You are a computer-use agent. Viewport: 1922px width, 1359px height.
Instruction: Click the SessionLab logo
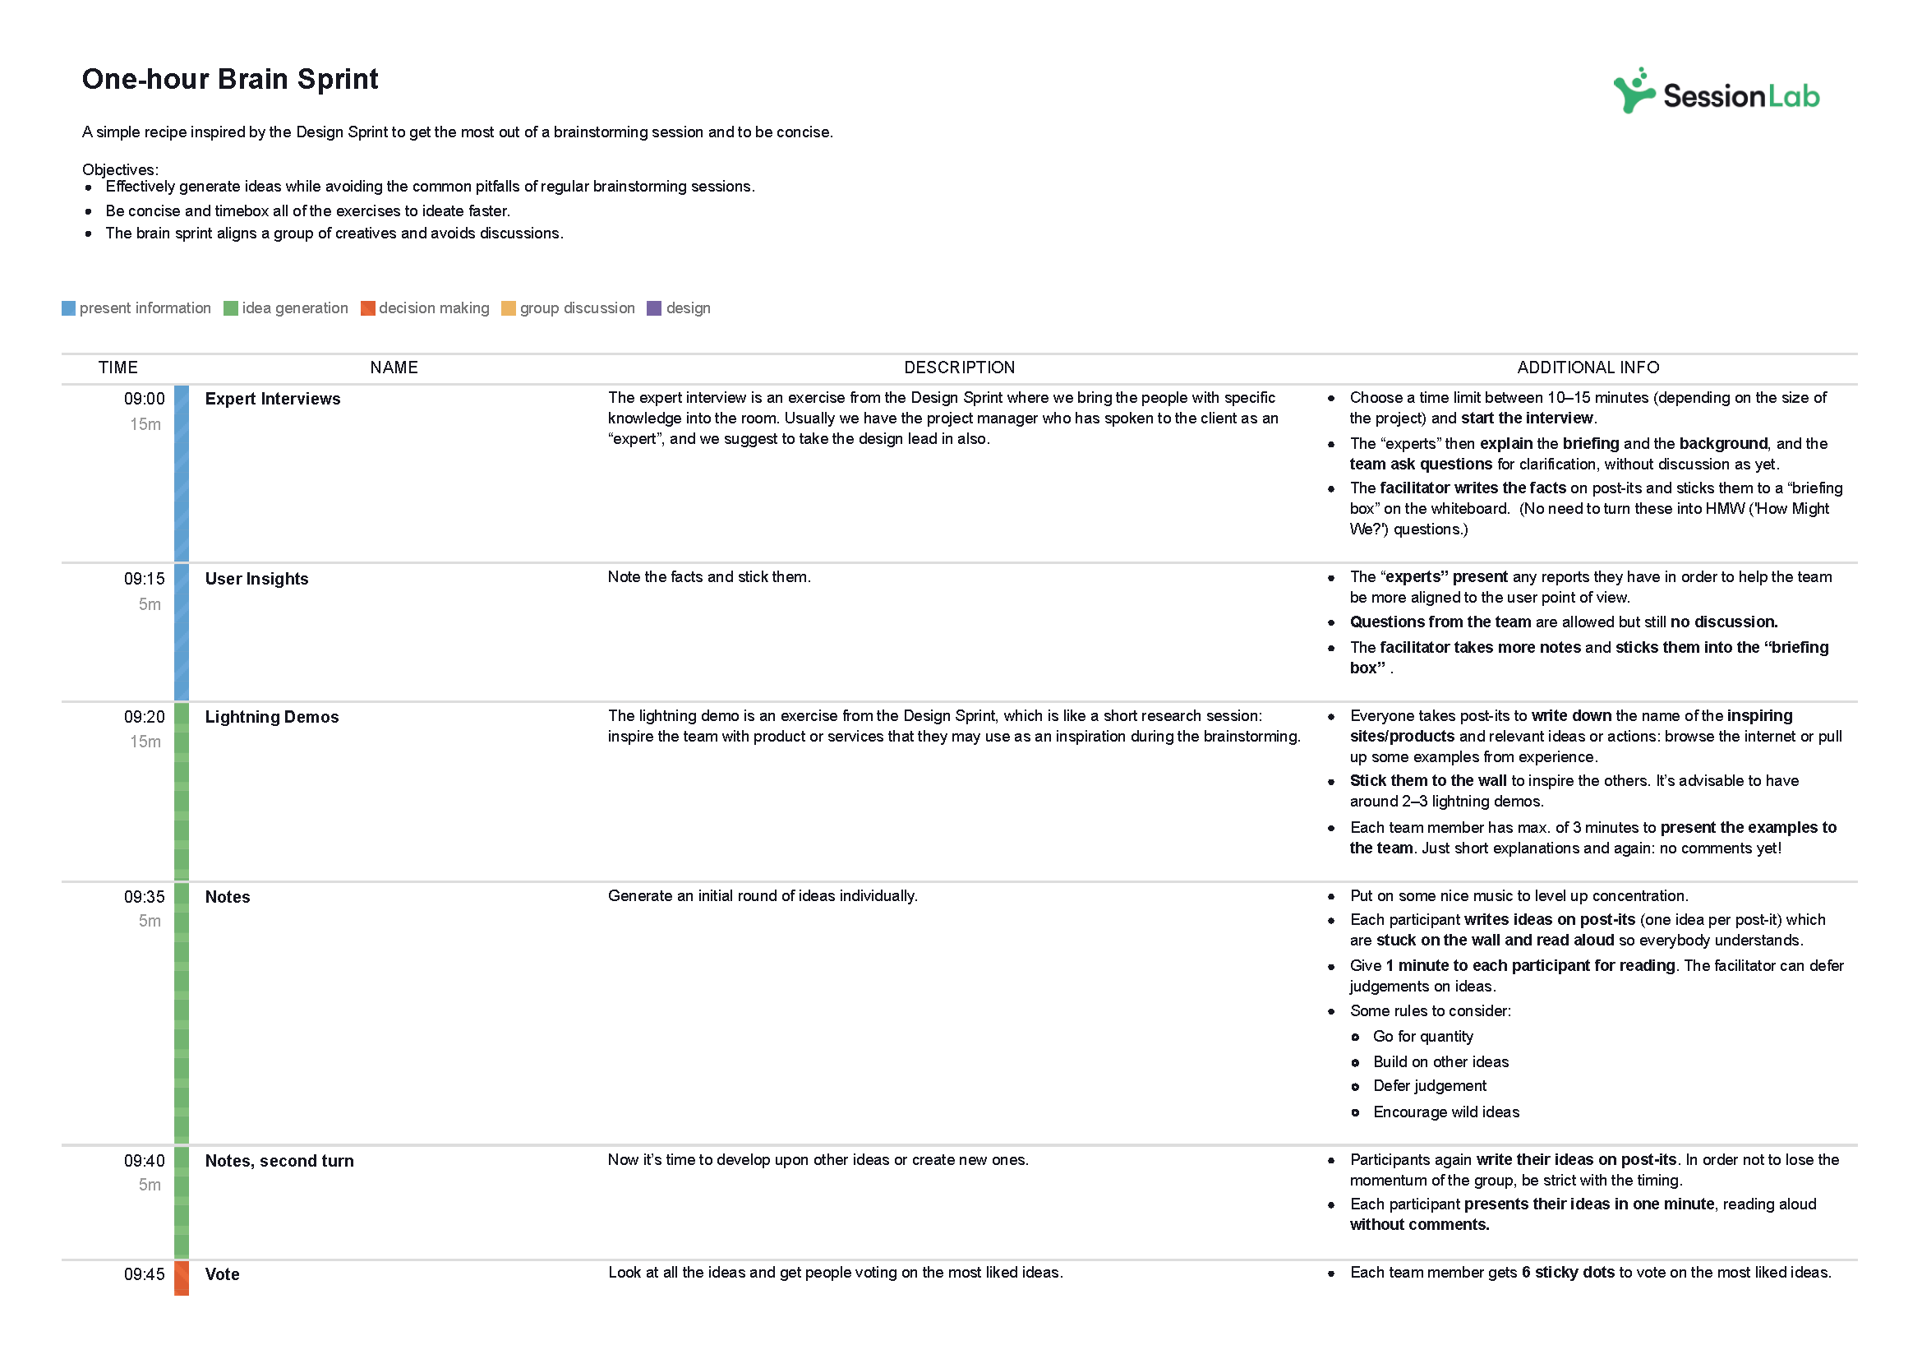click(x=1715, y=93)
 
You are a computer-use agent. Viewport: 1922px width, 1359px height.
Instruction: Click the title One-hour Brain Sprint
click(x=230, y=80)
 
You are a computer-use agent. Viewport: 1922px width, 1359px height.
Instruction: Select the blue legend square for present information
click(x=69, y=308)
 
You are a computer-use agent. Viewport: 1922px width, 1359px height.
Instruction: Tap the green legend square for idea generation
click(x=231, y=308)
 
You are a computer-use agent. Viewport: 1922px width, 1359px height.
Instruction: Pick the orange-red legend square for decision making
click(x=367, y=308)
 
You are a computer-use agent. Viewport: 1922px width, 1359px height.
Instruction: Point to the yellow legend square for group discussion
click(x=508, y=308)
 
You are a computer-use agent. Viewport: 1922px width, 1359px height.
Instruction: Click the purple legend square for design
click(x=654, y=308)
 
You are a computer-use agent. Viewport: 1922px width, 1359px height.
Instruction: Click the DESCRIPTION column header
click(x=958, y=367)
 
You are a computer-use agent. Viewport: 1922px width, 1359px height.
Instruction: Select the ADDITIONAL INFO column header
click(x=1588, y=367)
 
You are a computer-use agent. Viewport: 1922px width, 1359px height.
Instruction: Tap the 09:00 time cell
click(x=144, y=399)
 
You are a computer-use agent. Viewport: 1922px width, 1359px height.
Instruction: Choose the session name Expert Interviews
click(x=272, y=399)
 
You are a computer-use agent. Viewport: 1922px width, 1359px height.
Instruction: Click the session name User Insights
click(x=256, y=579)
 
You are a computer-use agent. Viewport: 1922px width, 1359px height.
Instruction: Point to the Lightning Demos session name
click(x=271, y=717)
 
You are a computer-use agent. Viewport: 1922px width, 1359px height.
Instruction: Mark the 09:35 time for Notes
click(x=144, y=897)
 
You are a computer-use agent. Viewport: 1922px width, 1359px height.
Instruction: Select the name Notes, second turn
click(x=279, y=1161)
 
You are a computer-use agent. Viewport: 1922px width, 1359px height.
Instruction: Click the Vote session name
click(x=222, y=1273)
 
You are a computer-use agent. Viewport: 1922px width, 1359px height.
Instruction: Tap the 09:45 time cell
click(x=144, y=1273)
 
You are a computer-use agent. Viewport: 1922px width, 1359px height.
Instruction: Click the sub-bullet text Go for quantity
click(x=1422, y=1036)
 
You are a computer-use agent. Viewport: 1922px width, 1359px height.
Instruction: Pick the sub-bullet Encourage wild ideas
click(x=1445, y=1112)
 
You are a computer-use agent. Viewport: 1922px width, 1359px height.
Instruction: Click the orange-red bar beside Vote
click(x=182, y=1278)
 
